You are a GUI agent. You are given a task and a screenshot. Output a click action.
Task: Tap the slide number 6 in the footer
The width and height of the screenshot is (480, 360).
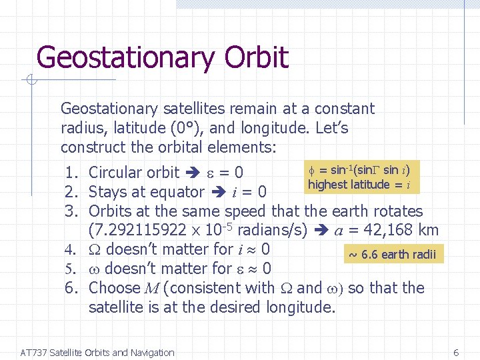click(456, 353)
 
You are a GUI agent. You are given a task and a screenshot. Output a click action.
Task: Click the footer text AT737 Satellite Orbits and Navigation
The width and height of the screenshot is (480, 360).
click(97, 353)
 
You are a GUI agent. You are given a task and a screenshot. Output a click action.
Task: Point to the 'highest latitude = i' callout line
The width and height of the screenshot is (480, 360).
click(359, 185)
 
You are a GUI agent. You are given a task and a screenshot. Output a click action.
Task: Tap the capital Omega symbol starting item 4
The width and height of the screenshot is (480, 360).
click(95, 250)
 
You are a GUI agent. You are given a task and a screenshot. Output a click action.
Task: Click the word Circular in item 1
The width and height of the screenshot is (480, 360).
click(115, 173)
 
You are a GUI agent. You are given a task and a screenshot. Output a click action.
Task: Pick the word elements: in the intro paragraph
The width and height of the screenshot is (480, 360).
click(243, 146)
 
